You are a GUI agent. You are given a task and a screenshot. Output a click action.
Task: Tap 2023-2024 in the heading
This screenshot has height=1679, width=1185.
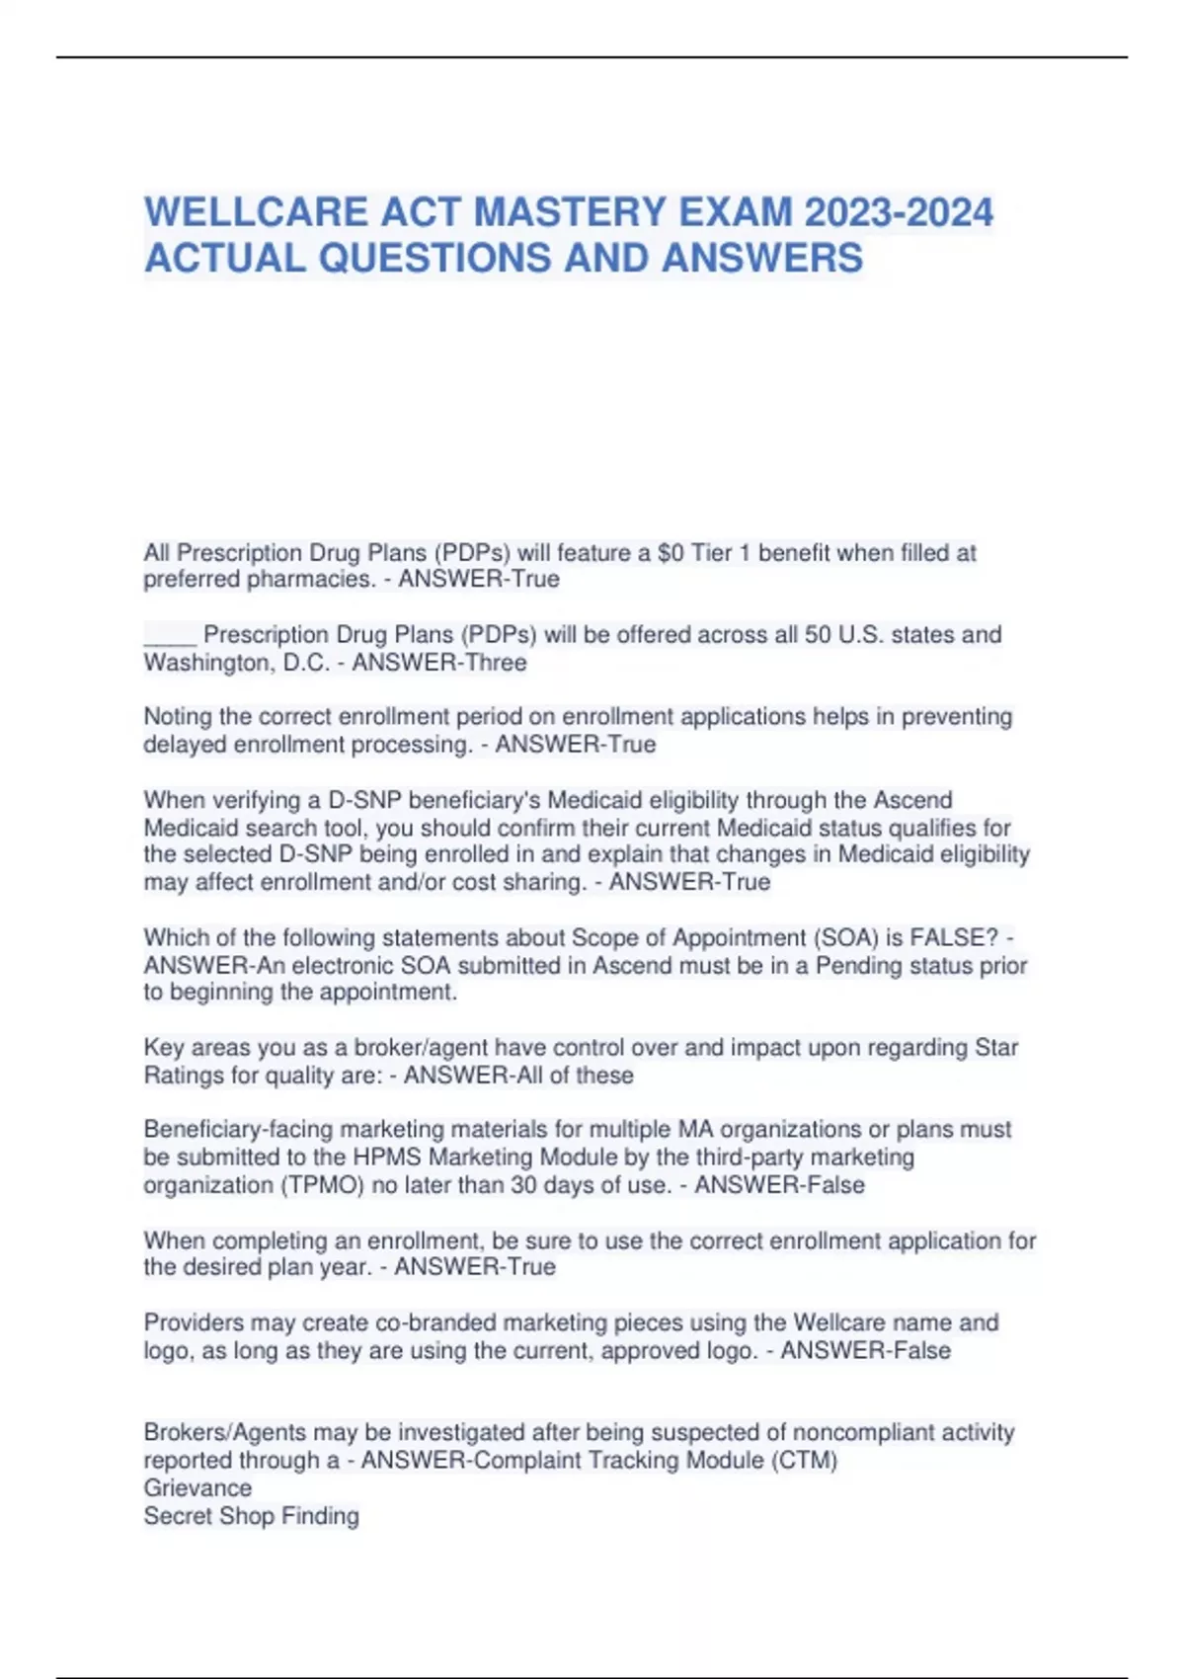(899, 212)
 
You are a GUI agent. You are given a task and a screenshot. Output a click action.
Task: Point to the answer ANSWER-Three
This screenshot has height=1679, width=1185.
(439, 662)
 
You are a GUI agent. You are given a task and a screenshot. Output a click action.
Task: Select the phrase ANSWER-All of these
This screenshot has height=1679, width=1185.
(518, 1075)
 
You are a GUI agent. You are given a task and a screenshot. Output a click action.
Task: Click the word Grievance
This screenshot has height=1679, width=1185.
(197, 1487)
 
